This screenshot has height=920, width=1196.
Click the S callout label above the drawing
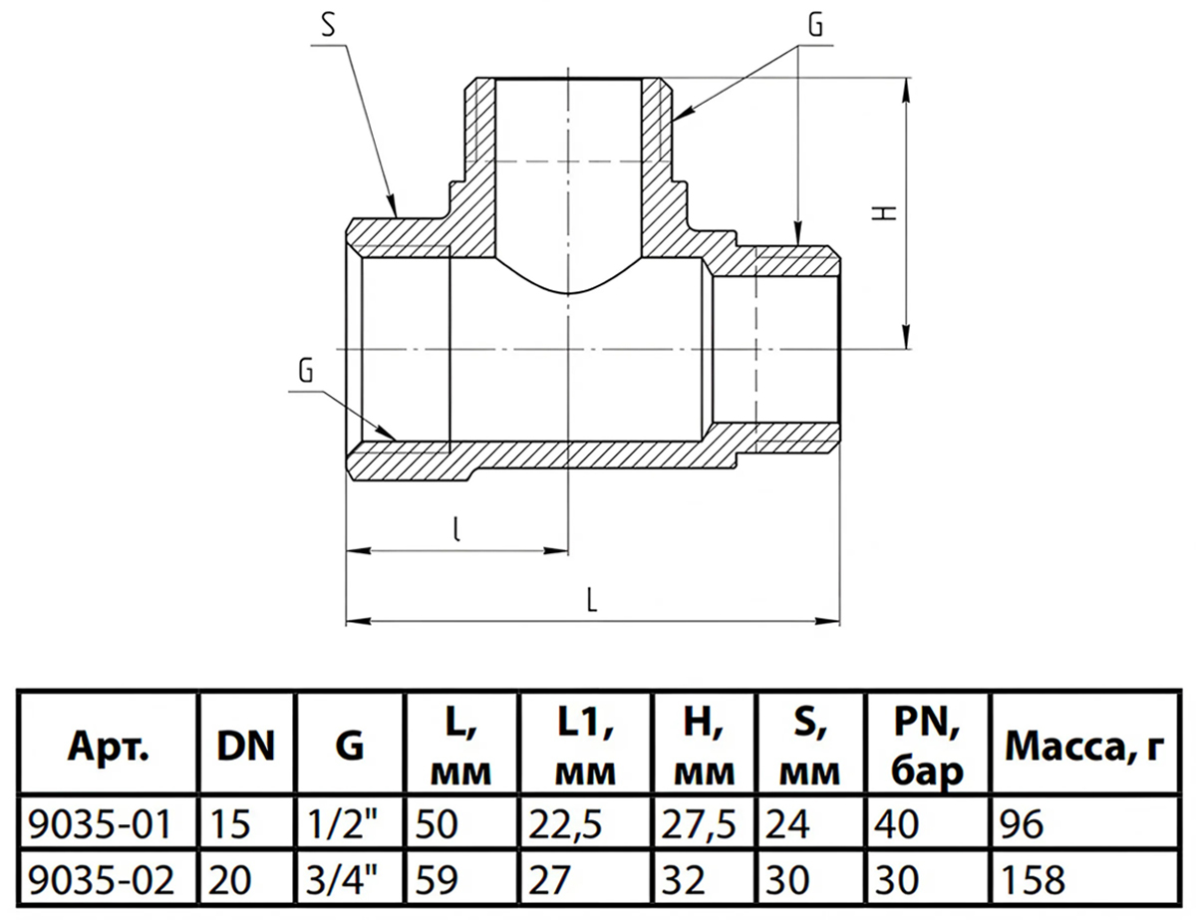[x=328, y=25]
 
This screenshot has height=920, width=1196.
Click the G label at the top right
[x=815, y=25]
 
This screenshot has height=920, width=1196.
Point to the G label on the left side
[x=305, y=371]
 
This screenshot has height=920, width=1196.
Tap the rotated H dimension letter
[x=884, y=213]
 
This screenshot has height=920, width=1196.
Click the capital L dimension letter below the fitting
[x=592, y=600]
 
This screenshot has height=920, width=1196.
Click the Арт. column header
[x=108, y=748]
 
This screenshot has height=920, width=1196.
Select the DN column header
[x=245, y=747]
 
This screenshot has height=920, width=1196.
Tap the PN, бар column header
[x=928, y=747]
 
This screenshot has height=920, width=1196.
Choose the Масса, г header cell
[x=1084, y=748]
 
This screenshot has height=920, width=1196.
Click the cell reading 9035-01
[x=100, y=824]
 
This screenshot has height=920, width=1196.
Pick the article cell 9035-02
[x=101, y=879]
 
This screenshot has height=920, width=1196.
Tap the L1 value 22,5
[x=565, y=825]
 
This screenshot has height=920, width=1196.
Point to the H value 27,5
[x=699, y=825]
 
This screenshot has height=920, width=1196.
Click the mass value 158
[x=1033, y=879]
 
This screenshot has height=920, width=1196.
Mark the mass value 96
[x=1022, y=824]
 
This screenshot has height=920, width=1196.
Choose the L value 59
[x=436, y=879]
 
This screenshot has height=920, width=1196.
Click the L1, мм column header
[x=585, y=747]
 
